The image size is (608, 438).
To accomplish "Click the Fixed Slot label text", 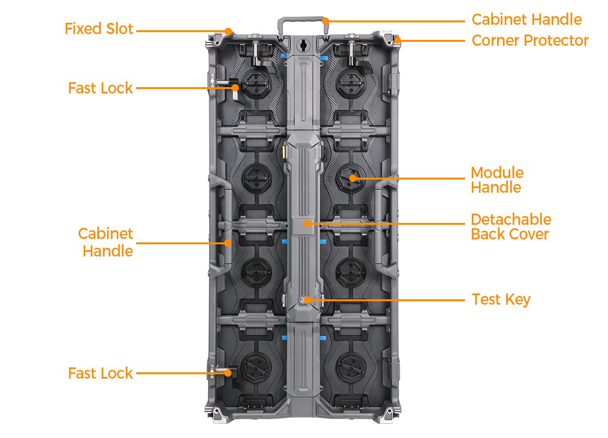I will point(99,29).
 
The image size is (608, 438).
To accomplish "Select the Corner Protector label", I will point(530,40).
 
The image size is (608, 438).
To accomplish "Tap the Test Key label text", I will point(501,299).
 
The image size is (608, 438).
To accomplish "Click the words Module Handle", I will point(497,180).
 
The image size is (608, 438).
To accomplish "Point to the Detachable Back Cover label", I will point(511,226).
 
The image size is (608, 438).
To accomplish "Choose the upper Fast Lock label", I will point(100,88).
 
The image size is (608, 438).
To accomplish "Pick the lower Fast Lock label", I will point(100,373).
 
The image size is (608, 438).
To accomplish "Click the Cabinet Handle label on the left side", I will point(106,242).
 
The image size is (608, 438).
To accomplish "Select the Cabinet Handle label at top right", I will point(527,19).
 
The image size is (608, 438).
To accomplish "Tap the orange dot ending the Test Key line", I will point(307,300).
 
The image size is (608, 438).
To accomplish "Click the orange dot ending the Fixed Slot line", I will point(228,31).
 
